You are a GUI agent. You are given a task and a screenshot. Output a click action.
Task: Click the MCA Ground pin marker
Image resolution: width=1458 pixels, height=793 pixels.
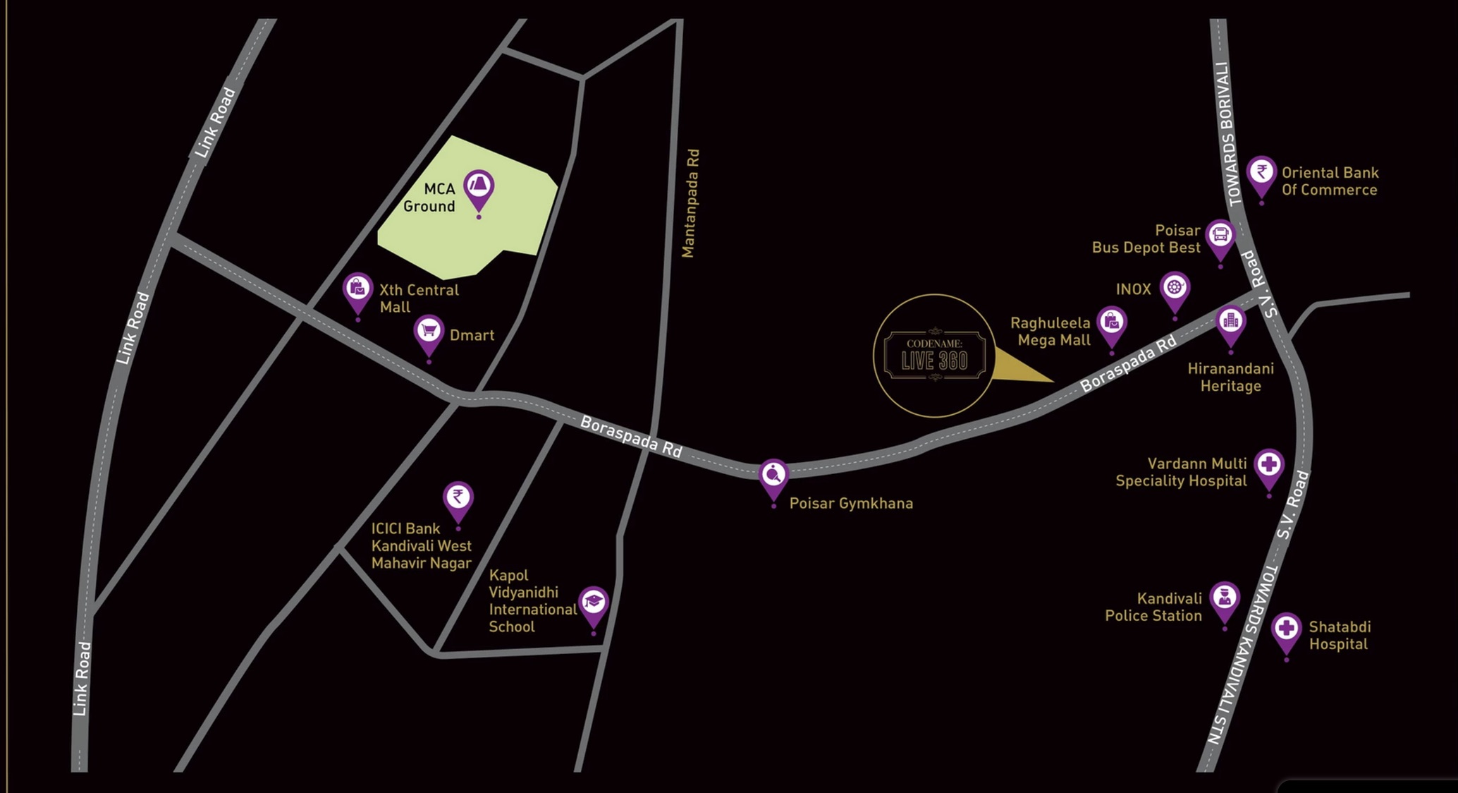479,188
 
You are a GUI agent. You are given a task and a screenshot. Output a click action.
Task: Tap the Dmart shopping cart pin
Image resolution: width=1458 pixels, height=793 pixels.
429,332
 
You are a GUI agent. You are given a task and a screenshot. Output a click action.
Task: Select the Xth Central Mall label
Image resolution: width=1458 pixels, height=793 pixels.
419,298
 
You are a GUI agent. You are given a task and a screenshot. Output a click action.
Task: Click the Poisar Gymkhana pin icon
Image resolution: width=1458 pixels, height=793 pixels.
773,475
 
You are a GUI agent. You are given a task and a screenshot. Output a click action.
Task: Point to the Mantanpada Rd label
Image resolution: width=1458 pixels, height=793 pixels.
690,203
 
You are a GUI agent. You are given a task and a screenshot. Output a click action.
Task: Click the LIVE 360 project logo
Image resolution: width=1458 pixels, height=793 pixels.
934,356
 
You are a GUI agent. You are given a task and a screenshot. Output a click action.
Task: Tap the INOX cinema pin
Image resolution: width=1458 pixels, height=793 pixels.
1175,289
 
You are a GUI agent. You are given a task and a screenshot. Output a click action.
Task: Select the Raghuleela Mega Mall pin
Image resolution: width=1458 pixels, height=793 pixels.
1112,323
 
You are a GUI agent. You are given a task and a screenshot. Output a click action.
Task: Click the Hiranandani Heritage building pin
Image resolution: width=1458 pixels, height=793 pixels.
1231,322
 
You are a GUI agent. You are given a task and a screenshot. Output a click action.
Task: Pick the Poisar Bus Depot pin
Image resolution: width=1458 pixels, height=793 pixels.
1220,236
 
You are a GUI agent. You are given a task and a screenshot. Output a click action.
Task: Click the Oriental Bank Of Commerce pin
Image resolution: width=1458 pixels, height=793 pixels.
1261,173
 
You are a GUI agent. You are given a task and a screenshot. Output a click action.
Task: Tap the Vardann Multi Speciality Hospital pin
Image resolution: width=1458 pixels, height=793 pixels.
1269,466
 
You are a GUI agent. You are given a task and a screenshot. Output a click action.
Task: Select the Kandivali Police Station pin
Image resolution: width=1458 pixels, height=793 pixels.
1225,599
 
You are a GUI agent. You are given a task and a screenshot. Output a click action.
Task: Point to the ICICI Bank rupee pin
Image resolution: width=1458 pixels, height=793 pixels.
458,498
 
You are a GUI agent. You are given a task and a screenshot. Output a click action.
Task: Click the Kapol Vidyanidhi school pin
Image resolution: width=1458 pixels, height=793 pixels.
594,603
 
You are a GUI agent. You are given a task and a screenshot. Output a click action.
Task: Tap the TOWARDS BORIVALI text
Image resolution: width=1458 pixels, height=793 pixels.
1228,134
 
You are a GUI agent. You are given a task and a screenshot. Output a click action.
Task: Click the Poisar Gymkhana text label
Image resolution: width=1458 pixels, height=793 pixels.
851,504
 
